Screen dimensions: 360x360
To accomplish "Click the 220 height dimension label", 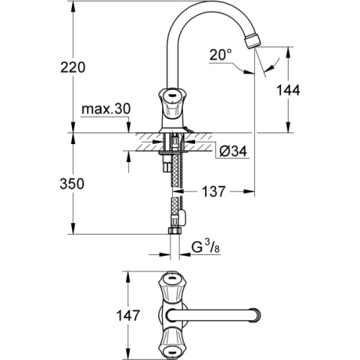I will click(x=73, y=67).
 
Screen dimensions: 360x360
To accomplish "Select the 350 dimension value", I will click(x=73, y=184).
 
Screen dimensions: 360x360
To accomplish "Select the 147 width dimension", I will click(x=105, y=314).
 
